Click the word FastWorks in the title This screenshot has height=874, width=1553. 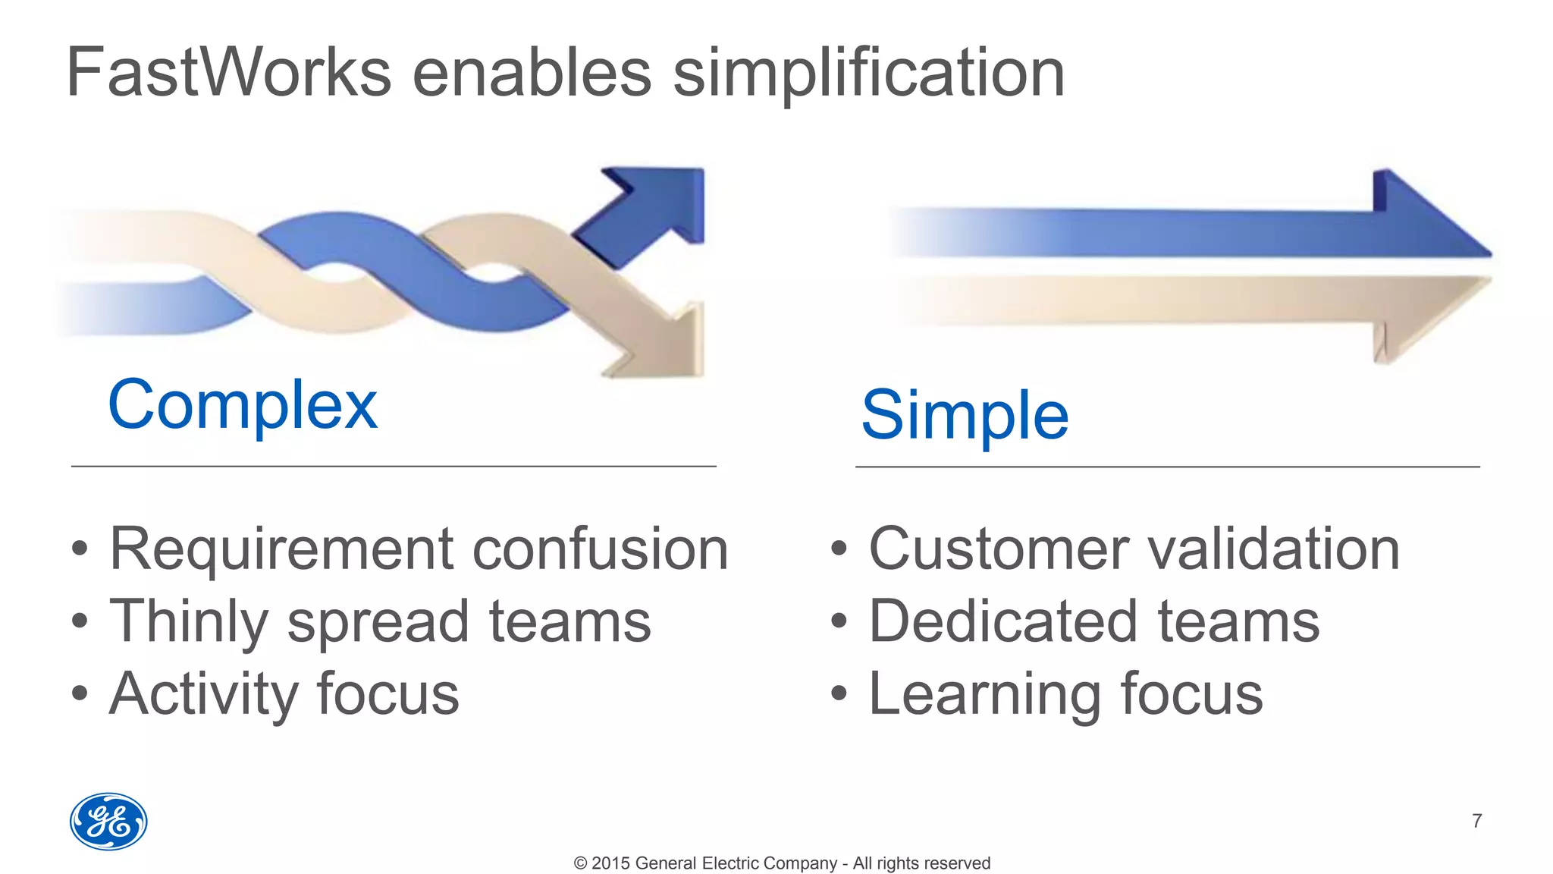228,73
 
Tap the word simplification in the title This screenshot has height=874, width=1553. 869,73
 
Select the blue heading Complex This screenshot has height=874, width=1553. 243,405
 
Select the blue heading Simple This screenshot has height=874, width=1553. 965,415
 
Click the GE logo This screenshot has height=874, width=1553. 108,822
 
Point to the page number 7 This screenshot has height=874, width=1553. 1476,821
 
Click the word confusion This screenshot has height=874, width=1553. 600,549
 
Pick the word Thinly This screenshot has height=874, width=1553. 189,621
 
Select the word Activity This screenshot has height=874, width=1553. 204,694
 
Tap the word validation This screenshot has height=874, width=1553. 1273,549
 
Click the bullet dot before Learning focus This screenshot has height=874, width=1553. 838,693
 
